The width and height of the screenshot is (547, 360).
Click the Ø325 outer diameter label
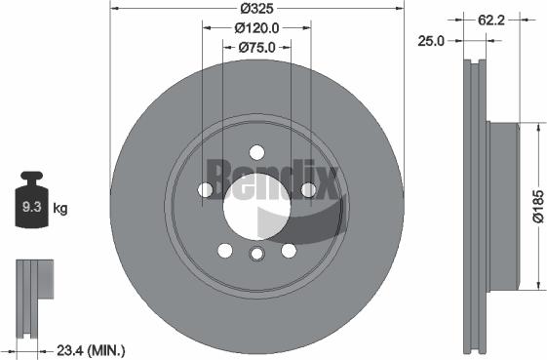click(256, 9)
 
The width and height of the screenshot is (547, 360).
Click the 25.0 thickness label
click(432, 40)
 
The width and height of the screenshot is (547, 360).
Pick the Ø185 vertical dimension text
click(535, 207)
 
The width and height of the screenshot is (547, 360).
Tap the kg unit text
click(59, 208)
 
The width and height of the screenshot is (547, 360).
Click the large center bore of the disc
click(256, 207)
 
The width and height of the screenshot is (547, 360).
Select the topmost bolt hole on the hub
click(256, 152)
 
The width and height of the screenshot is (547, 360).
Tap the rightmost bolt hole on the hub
click(308, 189)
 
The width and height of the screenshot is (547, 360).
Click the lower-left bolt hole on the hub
click(225, 250)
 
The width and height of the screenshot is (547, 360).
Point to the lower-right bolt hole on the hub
click(289, 250)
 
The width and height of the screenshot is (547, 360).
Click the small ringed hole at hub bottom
click(256, 256)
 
